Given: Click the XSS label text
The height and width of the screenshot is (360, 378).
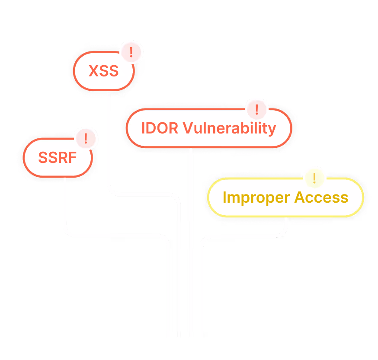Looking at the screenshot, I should [x=103, y=71].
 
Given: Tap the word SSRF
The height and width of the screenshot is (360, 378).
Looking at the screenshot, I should [x=57, y=158].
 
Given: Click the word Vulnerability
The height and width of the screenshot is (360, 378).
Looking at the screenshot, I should [x=229, y=128].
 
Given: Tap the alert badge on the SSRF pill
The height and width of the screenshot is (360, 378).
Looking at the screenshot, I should [x=86, y=139].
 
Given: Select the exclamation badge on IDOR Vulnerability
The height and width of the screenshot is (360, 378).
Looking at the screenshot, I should [x=257, y=109].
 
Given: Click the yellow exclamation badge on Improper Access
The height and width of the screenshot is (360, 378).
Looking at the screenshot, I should [x=314, y=178].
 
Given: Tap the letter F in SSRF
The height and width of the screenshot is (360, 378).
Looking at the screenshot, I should [x=72, y=158].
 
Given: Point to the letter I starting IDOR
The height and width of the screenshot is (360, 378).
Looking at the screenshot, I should [x=143, y=128].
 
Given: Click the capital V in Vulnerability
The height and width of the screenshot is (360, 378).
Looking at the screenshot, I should [x=187, y=128].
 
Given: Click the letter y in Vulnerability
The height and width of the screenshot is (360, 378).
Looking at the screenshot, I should [x=272, y=129].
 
